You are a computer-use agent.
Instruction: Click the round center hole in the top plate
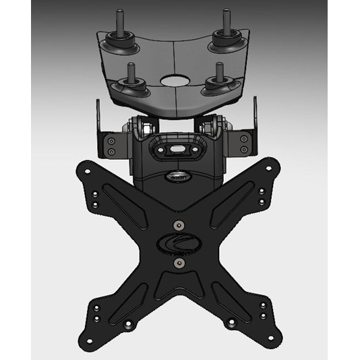tap(175, 78)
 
